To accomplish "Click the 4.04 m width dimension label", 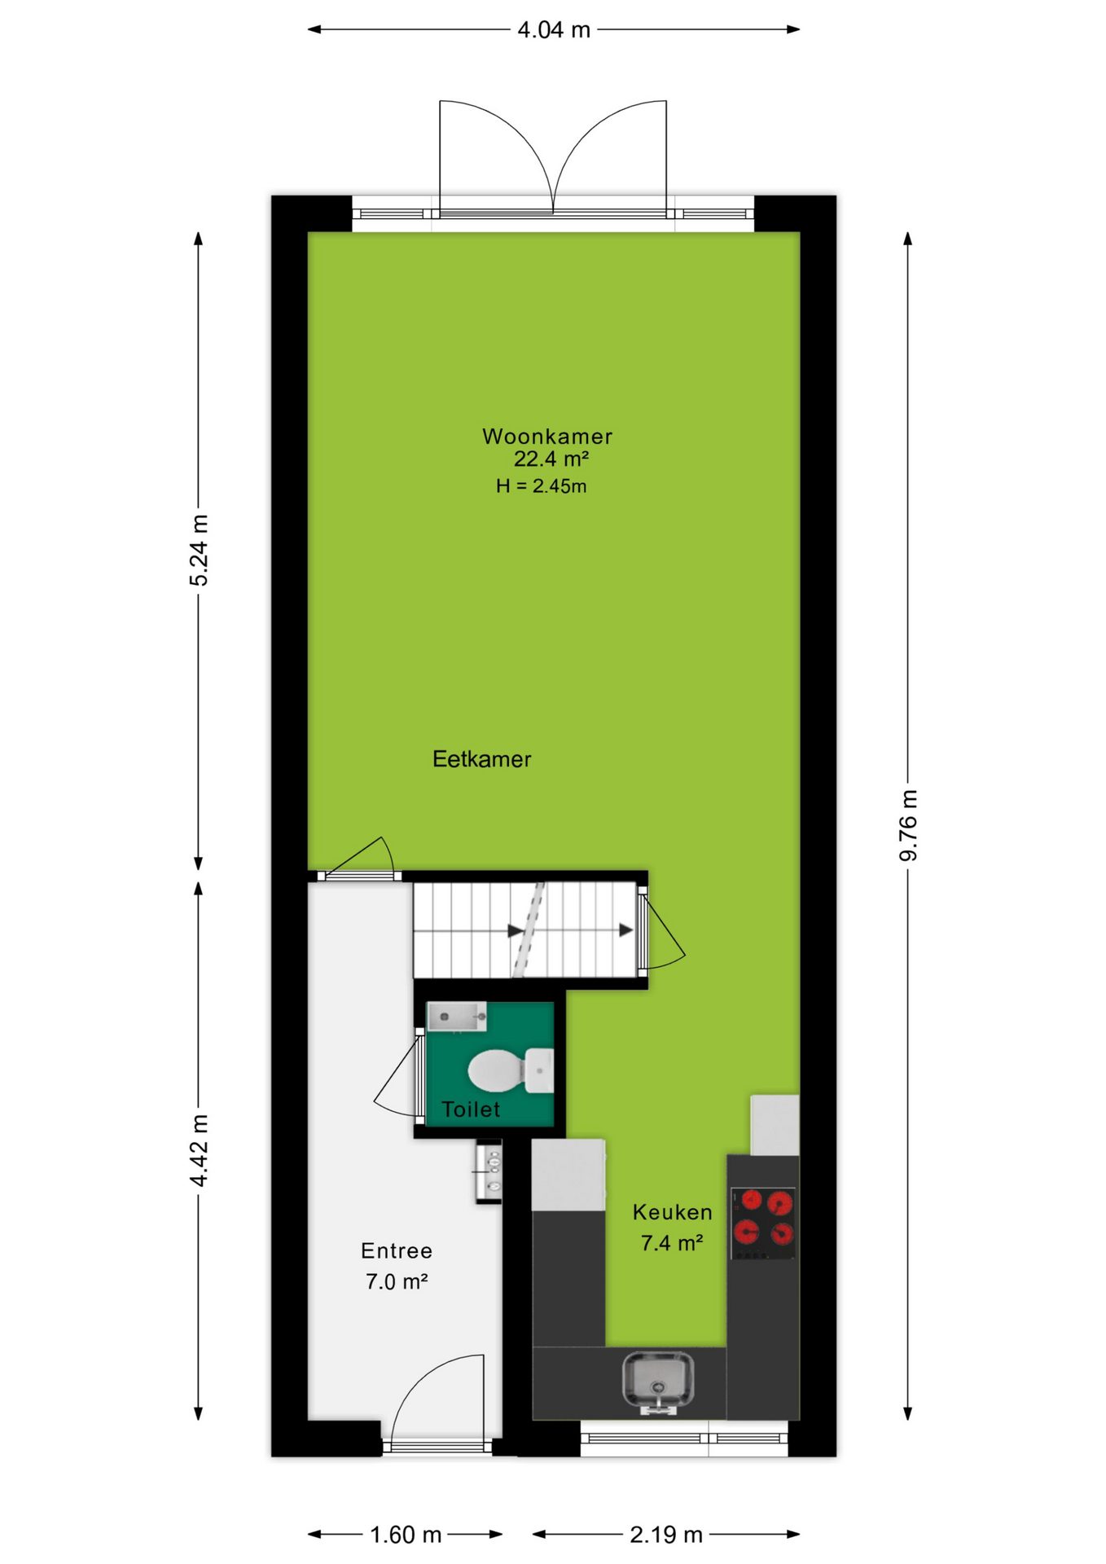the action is [x=554, y=30].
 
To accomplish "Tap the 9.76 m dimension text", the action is [x=908, y=824].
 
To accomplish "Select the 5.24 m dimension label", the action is [x=199, y=550].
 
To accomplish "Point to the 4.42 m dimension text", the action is [x=199, y=1150].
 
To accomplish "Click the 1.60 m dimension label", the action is [x=406, y=1535].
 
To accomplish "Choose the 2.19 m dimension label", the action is [x=666, y=1535].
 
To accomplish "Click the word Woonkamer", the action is [x=547, y=437].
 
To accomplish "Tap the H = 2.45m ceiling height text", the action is [x=542, y=486].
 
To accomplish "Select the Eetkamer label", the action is [x=482, y=759].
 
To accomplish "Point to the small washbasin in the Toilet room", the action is [x=457, y=1017].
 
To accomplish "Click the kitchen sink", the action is [x=658, y=1381].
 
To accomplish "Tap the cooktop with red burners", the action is [x=763, y=1223].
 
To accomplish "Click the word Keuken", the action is [x=673, y=1212].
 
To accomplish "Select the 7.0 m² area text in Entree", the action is [x=397, y=1281].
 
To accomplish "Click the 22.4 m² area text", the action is [x=551, y=459].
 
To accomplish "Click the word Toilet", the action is [x=471, y=1109].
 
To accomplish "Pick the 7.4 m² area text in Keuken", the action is [x=672, y=1243].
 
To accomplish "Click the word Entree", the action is [x=397, y=1250].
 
